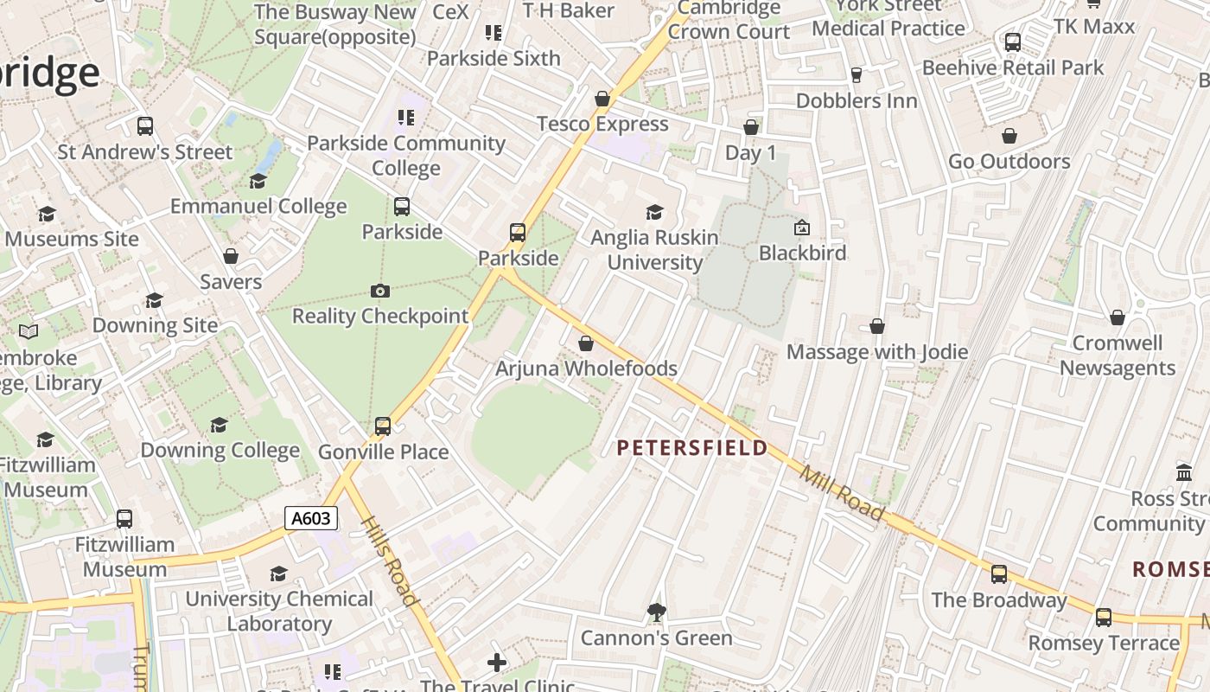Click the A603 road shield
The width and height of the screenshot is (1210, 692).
(311, 518)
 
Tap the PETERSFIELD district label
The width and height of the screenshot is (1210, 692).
(692, 447)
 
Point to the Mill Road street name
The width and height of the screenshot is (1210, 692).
(842, 494)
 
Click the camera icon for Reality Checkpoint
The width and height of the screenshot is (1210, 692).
(379, 292)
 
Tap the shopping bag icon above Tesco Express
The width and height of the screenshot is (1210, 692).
(602, 99)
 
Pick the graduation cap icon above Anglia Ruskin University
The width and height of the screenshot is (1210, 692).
(654, 213)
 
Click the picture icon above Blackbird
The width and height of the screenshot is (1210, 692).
(802, 228)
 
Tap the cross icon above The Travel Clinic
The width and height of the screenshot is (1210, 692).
(497, 663)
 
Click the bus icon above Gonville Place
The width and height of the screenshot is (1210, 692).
(383, 426)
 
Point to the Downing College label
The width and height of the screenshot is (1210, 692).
(220, 450)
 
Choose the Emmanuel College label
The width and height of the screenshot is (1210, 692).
(258, 206)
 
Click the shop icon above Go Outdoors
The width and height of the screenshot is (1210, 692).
(1009, 137)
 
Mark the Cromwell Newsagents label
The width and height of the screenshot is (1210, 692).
(1118, 356)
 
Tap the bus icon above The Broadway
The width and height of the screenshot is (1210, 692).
(999, 574)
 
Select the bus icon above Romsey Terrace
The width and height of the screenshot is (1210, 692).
(1104, 618)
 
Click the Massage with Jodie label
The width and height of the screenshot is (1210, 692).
(877, 352)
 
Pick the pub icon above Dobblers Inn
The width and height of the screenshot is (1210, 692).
(857, 76)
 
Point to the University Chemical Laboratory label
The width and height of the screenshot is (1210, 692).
(279, 611)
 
